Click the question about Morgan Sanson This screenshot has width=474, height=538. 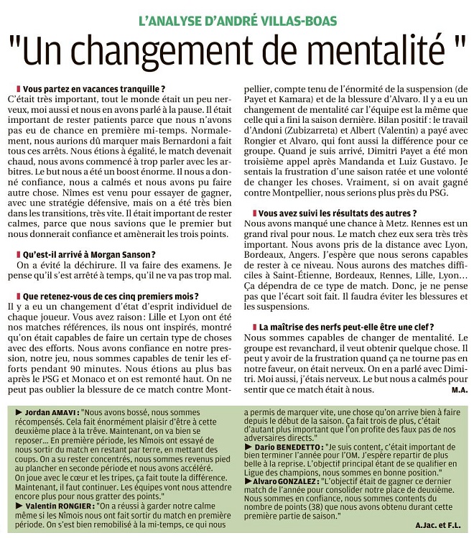pyautogui.click(x=89, y=254)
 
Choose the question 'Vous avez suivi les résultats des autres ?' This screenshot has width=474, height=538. pyautogui.click(x=337, y=213)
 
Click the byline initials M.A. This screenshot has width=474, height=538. pyautogui.click(x=460, y=389)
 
